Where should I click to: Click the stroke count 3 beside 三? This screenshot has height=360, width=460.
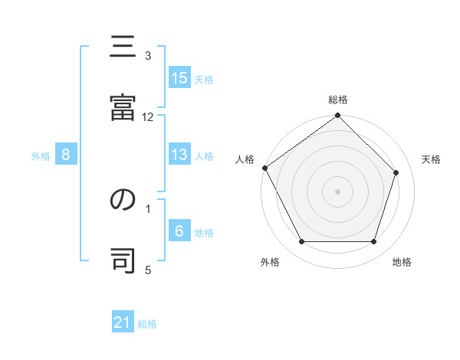pos(149,56)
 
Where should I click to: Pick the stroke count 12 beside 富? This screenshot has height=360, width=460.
pos(148,116)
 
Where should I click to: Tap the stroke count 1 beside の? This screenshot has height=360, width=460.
pos(149,208)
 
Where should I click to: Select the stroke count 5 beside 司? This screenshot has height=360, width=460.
pos(149,269)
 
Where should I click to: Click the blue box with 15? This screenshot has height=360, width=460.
pos(179,78)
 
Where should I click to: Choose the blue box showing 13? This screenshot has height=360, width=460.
pos(179,155)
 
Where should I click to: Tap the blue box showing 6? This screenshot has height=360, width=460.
pos(179,231)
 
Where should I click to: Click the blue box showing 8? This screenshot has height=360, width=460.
pos(66,155)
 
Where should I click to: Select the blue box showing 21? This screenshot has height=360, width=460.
pos(123,323)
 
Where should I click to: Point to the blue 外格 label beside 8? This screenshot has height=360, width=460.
pos(41,155)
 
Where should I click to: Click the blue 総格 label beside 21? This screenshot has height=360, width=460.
pos(147,324)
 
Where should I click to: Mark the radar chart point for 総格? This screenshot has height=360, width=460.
pos(337,116)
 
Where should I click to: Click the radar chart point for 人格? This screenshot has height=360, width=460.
pos(265,168)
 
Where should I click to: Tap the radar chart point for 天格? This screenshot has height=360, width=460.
pos(396,172)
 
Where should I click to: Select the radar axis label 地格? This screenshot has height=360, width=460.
pos(402,262)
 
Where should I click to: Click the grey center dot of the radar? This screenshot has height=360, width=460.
pos(337,191)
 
